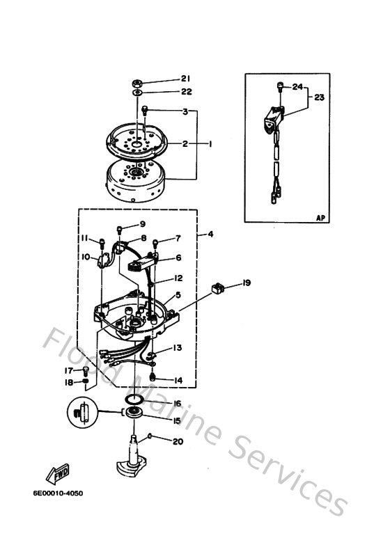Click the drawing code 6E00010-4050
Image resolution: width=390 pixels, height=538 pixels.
pyautogui.click(x=57, y=493)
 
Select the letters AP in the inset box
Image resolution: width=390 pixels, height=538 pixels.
pyautogui.click(x=320, y=218)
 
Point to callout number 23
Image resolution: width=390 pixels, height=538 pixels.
pyautogui.click(x=319, y=98)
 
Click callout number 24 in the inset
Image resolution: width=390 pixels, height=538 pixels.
pyautogui.click(x=297, y=87)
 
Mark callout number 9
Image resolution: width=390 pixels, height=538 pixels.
pyautogui.click(x=142, y=224)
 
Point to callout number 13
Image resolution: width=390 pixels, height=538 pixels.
pyautogui.click(x=178, y=347)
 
